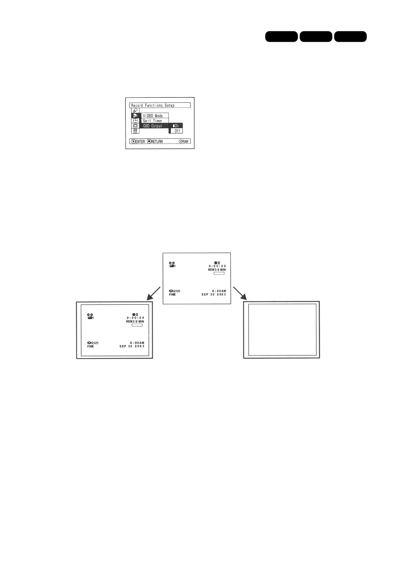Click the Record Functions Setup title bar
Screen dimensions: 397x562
(159, 105)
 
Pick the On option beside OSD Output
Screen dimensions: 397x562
(176, 126)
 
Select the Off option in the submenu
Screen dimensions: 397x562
(177, 131)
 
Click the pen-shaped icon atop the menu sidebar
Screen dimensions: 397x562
(135, 110)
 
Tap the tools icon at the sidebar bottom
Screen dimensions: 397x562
(135, 131)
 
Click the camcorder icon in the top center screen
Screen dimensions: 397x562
(172, 265)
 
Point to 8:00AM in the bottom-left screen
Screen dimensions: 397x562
(137, 343)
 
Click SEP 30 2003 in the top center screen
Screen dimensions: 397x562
(214, 295)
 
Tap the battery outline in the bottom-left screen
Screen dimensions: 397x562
(137, 325)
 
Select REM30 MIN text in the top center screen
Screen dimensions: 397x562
(217, 270)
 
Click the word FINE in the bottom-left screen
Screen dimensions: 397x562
(90, 346)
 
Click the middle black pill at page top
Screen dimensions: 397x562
(316, 36)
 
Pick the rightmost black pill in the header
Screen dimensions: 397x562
(350, 36)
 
